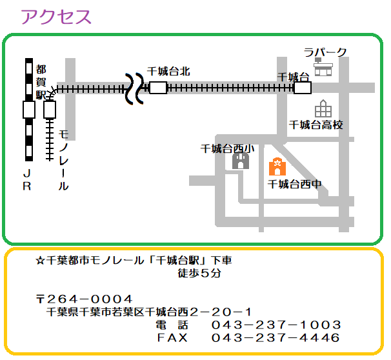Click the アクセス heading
56,17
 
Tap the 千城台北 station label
168,72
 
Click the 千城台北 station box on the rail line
158,87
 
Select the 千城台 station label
294,75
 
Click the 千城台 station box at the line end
302,87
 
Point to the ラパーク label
325,52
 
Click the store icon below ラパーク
323,67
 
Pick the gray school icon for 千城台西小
241,161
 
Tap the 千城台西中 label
294,184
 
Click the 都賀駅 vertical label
41,81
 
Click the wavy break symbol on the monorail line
135,88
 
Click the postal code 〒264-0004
85,300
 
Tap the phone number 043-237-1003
276,325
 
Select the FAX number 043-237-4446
276,338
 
